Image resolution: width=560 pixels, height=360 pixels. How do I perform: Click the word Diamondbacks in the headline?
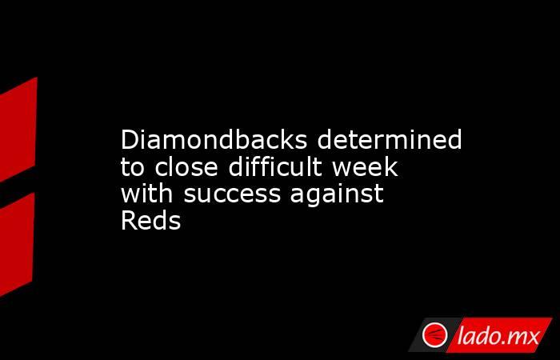[x=214, y=140]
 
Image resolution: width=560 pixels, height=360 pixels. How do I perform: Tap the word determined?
[x=390, y=140]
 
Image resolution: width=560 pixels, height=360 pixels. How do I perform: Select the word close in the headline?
[x=186, y=166]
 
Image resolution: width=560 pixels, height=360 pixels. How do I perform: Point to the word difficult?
[x=275, y=166]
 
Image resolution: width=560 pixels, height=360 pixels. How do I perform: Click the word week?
[x=365, y=166]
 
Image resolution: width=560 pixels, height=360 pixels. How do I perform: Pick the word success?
[x=232, y=195]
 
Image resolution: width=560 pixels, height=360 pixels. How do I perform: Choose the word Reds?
[x=150, y=221]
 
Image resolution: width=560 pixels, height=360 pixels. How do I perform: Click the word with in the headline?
[x=146, y=194]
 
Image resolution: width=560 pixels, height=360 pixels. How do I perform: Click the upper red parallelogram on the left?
[x=18, y=130]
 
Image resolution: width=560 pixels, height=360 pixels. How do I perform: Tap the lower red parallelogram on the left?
[x=17, y=245]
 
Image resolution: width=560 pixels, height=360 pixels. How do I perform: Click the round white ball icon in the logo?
[x=434, y=335]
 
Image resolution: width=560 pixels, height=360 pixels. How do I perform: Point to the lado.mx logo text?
[x=498, y=336]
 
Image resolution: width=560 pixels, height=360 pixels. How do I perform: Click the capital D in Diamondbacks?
[x=130, y=140]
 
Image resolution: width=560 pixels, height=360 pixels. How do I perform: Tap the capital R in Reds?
[x=129, y=221]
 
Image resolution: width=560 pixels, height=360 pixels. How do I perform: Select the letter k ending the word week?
[x=392, y=166]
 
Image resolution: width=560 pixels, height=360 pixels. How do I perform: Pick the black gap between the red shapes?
[x=17, y=188]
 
